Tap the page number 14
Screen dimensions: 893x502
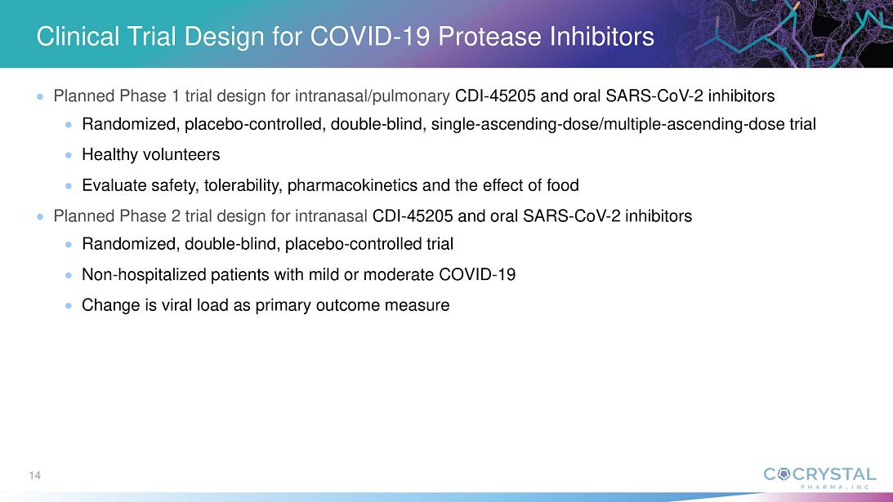point(35,475)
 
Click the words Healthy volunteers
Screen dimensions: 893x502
point(151,154)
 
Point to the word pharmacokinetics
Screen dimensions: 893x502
point(352,185)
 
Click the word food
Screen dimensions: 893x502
point(562,185)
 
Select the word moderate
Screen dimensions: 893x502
point(398,274)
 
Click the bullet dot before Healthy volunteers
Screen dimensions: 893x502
point(69,155)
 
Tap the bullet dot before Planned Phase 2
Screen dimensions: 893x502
point(40,216)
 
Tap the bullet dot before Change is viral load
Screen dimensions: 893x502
point(69,305)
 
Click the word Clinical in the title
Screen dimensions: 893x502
point(78,37)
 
